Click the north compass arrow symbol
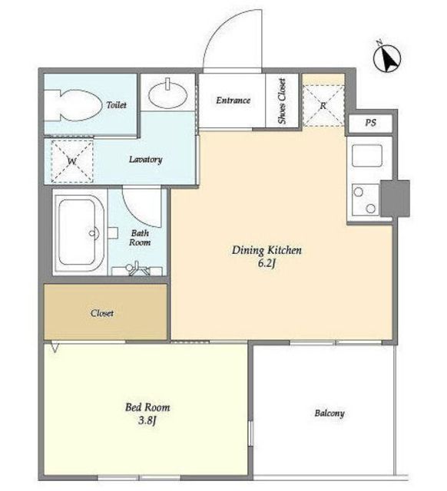click(387, 58)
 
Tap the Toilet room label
click(116, 105)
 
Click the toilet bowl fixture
click(74, 106)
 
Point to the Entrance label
click(233, 101)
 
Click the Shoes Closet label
click(282, 101)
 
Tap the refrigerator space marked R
click(323, 106)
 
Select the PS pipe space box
click(370, 123)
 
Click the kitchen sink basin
click(367, 155)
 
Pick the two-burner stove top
click(365, 199)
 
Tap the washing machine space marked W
click(72, 161)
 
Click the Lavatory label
click(145, 160)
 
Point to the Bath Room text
click(140, 238)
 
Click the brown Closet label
click(102, 313)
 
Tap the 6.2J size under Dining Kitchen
click(267, 264)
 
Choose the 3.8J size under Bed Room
click(147, 420)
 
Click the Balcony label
click(329, 414)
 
